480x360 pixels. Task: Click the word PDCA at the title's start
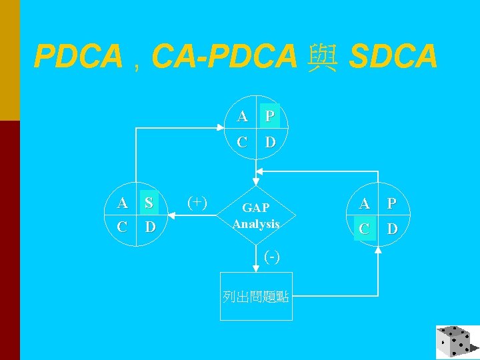tap(78, 57)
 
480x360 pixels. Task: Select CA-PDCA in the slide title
tap(224, 57)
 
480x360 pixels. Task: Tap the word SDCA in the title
tap(393, 57)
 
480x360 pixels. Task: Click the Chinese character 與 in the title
tap(323, 57)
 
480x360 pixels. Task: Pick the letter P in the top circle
tap(270, 117)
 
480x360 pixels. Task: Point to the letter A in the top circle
tap(243, 117)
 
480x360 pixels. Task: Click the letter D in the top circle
tap(270, 142)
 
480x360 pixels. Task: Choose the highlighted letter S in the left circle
tap(149, 203)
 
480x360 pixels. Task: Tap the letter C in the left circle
tap(122, 227)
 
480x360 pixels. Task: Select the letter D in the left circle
tap(150, 227)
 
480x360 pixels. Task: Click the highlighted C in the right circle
tap(365, 229)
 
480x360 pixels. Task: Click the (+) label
tap(197, 202)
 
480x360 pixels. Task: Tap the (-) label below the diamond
tap(271, 256)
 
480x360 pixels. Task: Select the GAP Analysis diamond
tap(256, 216)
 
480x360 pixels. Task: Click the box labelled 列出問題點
tap(256, 296)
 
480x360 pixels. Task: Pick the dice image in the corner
tap(457, 341)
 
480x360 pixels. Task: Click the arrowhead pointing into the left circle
tap(169, 215)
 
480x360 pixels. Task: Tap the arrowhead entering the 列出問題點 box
tap(256, 269)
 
